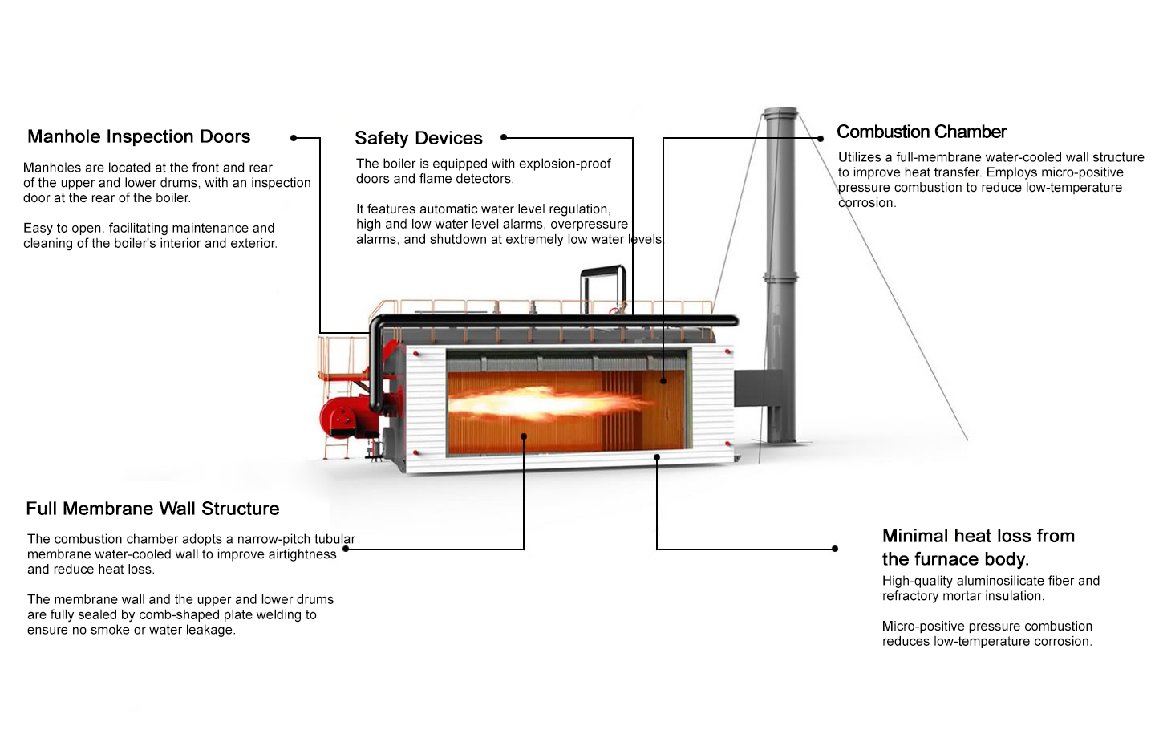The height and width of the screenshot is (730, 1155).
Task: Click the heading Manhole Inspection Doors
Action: coord(139,136)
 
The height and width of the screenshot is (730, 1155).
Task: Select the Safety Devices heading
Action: coord(418,138)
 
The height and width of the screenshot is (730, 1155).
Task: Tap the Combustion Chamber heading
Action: coord(921,132)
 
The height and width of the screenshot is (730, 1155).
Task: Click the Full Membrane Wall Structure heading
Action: coord(152,509)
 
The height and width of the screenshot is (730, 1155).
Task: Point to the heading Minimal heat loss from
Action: coord(978,536)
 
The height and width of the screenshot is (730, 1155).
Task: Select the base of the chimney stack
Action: coord(780,437)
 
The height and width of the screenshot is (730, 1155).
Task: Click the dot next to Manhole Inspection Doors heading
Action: coord(294,138)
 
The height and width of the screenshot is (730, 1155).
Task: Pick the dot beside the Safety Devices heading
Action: coord(504,138)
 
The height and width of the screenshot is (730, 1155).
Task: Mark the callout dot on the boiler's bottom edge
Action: coord(657,457)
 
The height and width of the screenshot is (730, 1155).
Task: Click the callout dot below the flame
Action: coord(524,436)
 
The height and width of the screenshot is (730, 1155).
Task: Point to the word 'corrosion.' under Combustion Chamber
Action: coord(867,203)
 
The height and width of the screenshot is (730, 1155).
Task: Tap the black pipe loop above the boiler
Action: coord(603,281)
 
